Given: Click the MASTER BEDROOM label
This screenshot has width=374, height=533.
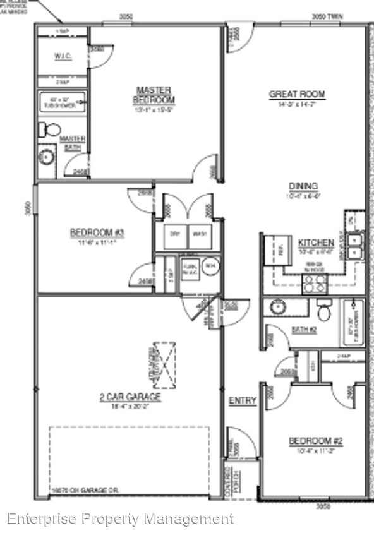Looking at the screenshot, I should (x=154, y=95).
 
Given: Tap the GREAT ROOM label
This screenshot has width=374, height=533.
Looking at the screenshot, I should (x=297, y=95).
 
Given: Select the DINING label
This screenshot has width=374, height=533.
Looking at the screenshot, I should (x=303, y=186).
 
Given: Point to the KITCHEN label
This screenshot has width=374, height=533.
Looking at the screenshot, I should (x=311, y=243).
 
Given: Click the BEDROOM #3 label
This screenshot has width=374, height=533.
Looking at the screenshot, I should (x=97, y=233).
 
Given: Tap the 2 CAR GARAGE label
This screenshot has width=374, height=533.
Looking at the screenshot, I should (x=130, y=397).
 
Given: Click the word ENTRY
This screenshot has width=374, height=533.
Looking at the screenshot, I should (x=242, y=400).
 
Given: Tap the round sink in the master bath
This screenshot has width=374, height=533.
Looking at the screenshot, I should (x=46, y=156).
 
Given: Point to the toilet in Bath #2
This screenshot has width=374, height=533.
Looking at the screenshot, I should (x=325, y=311).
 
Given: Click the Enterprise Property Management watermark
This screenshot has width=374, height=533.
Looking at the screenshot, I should (x=120, y=519).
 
